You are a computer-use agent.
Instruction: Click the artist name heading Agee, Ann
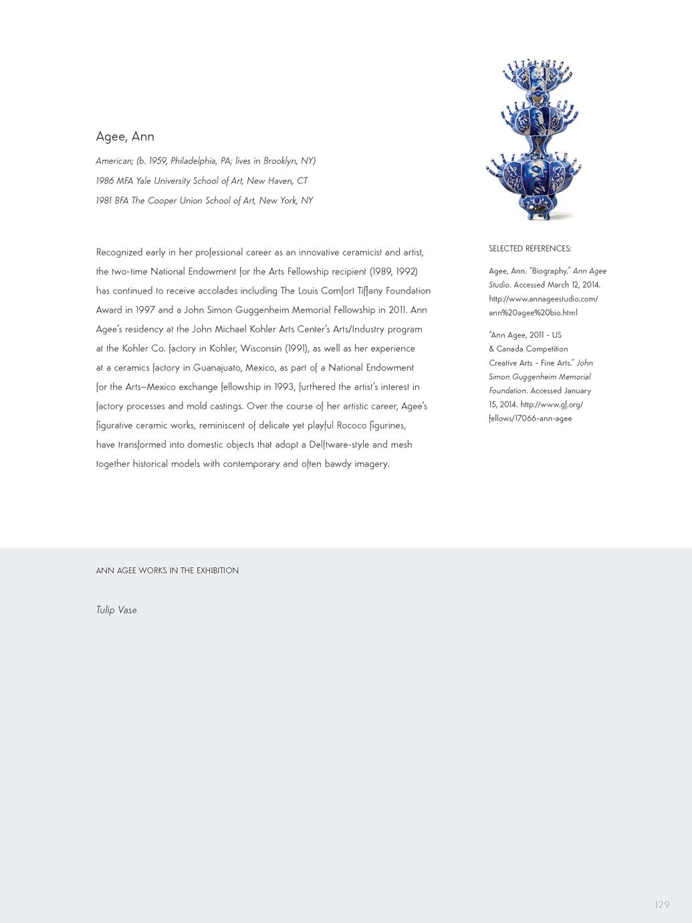pos(125,136)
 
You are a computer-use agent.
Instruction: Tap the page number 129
pos(662,905)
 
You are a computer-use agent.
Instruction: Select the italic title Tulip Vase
pos(116,610)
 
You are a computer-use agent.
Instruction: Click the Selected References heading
pos(530,249)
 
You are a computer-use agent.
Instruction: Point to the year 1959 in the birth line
pos(158,161)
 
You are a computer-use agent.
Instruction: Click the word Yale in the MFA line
pos(144,181)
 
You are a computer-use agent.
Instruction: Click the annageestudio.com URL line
pos(543,299)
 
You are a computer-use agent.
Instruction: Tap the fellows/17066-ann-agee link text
pos(530,419)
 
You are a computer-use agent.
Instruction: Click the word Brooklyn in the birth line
pos(281,161)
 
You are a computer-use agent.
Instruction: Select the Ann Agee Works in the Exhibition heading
pos(167,571)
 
